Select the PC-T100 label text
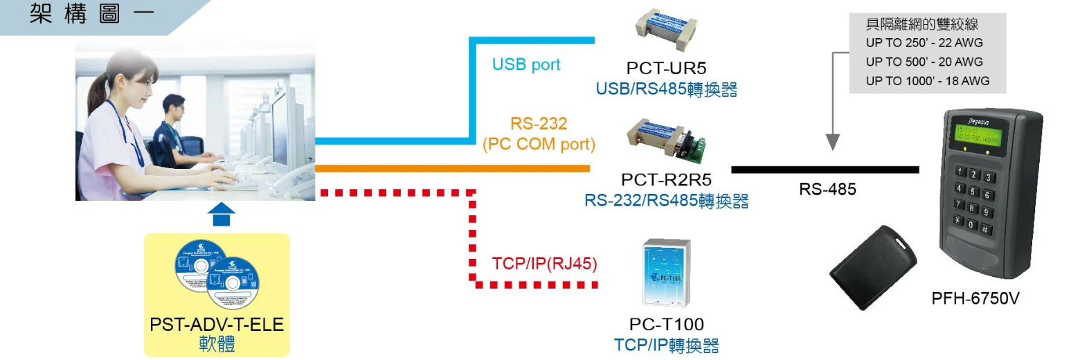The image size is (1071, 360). coord(666,324)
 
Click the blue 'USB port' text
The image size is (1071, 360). coord(526,64)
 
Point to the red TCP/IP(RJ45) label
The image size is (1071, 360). coord(544,264)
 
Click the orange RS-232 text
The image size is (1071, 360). coord(539,124)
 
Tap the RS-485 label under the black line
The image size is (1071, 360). coord(827,189)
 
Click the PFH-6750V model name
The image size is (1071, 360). coord(975,299)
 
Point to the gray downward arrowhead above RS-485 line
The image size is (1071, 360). coord(833,142)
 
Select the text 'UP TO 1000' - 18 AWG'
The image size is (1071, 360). coord(927,80)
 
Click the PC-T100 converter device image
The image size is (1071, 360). coord(667,272)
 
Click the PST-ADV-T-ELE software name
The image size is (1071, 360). coord(217,324)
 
